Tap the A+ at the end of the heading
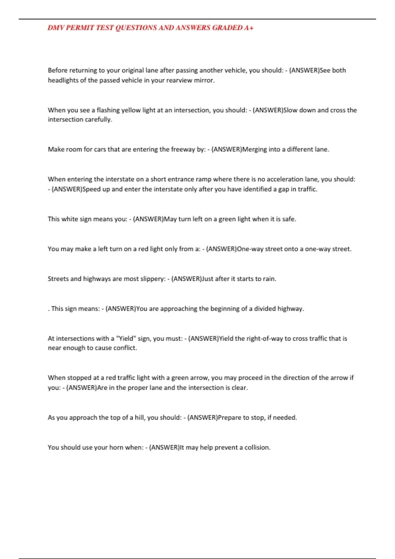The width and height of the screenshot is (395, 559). tap(249, 28)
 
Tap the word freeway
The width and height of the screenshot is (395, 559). tap(183, 149)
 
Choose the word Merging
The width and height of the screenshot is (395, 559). tap(254, 149)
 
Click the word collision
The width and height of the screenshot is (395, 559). tap(257, 448)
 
